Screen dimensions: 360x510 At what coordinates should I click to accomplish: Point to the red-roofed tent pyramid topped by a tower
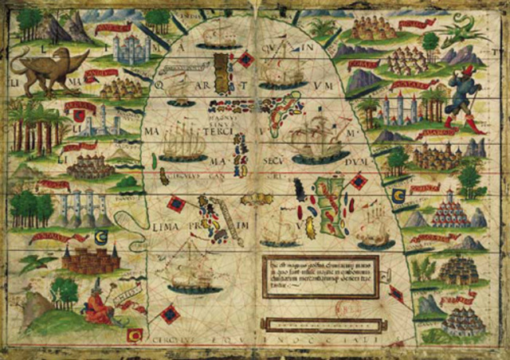pos(449,211)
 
